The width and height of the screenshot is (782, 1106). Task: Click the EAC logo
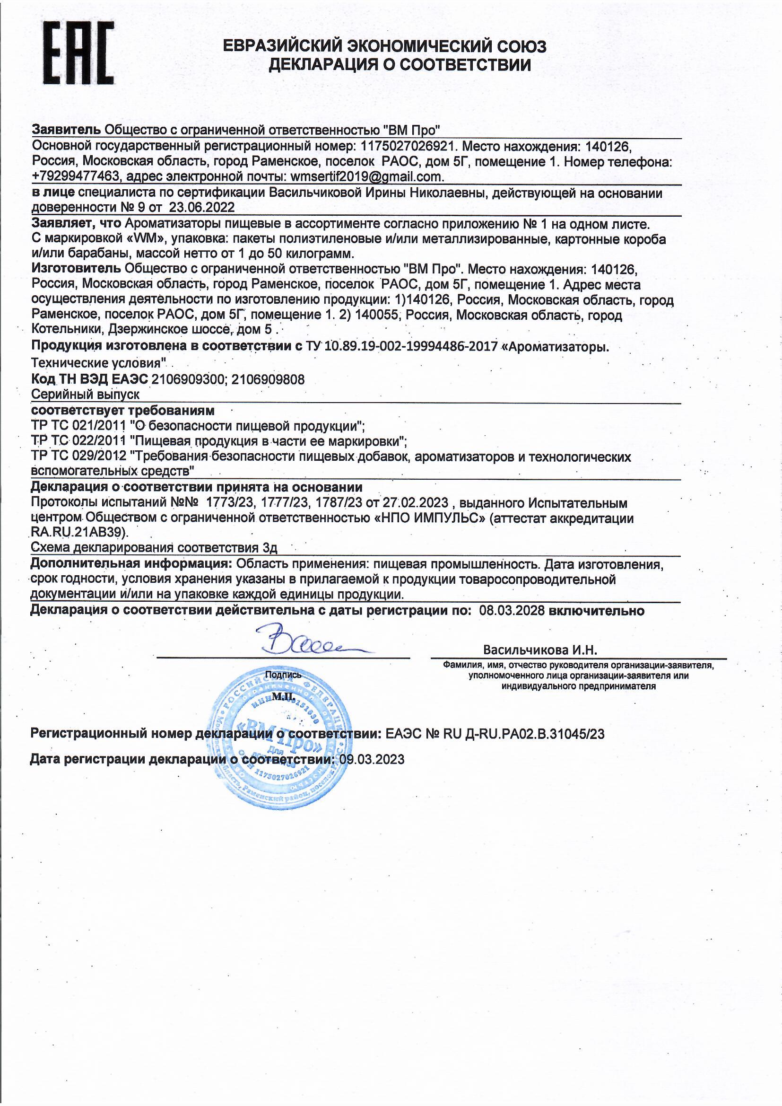click(x=78, y=54)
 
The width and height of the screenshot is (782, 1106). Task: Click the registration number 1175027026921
click(x=407, y=147)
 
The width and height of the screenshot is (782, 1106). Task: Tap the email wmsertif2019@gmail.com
click(x=366, y=177)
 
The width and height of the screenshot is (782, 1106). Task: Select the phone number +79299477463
click(x=75, y=177)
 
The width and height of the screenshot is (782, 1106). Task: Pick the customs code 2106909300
click(x=188, y=380)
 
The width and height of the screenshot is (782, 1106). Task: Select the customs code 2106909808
click(x=268, y=380)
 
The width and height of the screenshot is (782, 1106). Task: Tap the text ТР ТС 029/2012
click(x=78, y=456)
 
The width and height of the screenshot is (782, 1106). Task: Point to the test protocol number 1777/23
click(x=284, y=503)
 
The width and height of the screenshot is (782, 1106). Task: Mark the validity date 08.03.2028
click(x=512, y=611)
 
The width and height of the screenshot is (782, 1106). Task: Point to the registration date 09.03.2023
click(x=372, y=760)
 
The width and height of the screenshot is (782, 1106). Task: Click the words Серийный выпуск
click(x=85, y=395)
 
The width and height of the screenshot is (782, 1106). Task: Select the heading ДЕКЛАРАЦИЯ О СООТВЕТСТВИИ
click(x=399, y=64)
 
